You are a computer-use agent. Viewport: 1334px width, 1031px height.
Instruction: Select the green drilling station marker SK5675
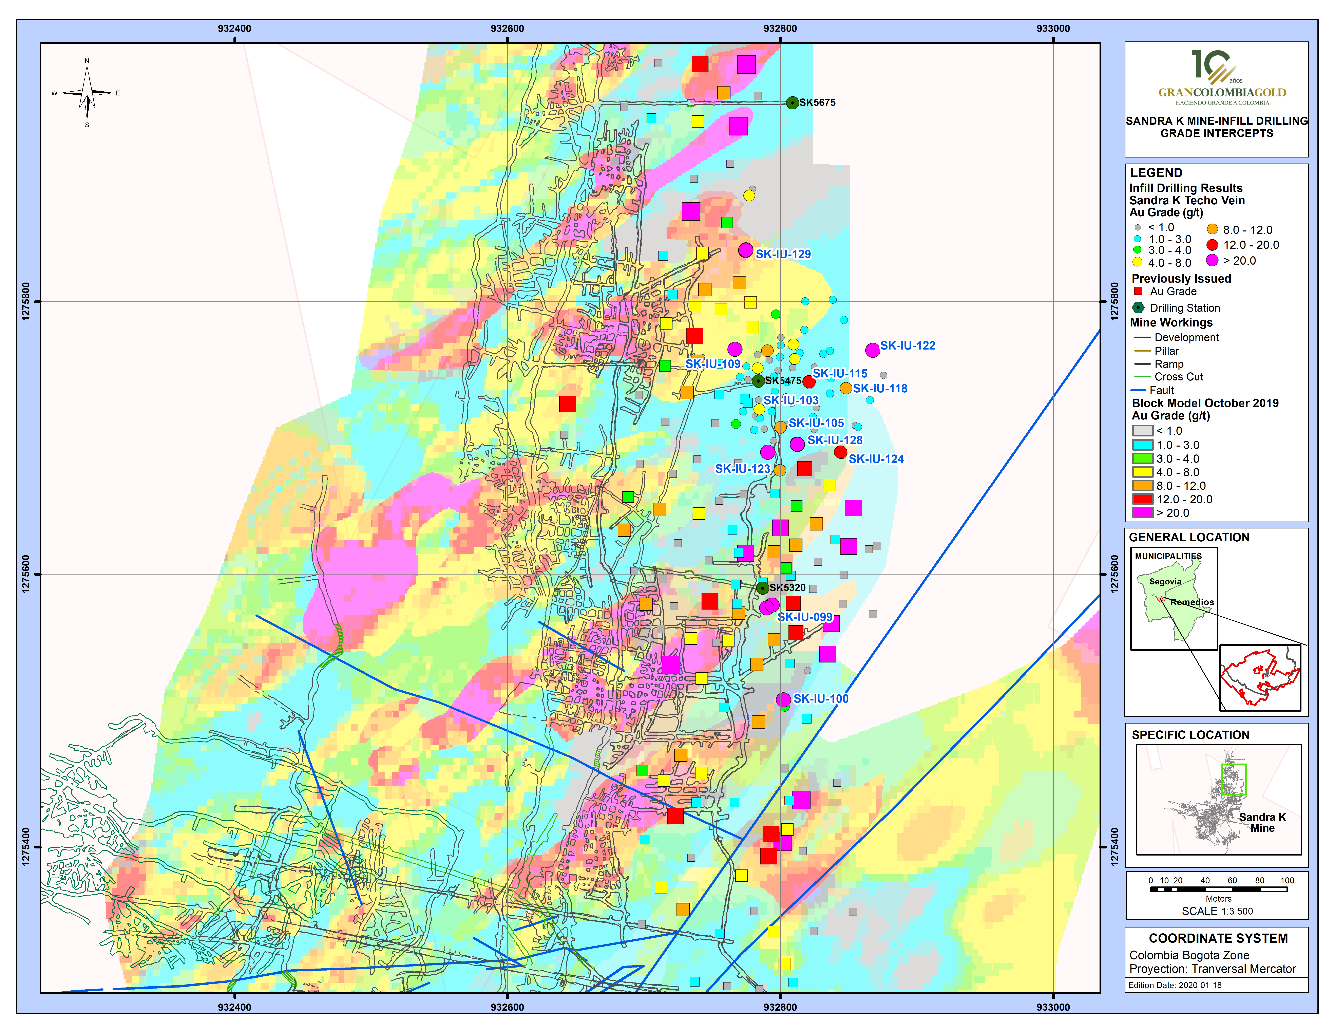coord(792,103)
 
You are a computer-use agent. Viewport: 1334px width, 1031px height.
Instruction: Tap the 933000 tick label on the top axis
coord(1053,28)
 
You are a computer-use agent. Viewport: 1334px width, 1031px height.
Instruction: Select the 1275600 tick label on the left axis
coord(26,574)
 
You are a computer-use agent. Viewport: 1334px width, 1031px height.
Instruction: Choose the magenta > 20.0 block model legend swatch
coord(1142,512)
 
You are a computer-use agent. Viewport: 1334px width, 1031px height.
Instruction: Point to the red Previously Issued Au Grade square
coord(1138,291)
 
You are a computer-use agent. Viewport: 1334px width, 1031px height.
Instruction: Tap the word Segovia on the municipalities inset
coord(1165,581)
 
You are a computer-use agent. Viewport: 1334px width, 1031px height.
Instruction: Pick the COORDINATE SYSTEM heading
coord(1218,938)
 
